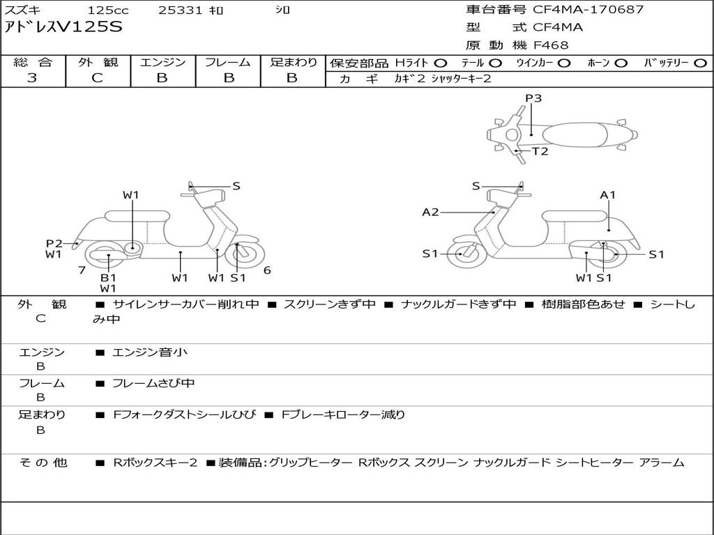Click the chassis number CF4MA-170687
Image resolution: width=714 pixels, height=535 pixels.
coord(588,10)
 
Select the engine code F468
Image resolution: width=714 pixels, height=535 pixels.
coord(551,45)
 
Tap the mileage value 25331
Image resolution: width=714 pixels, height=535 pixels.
coord(181,10)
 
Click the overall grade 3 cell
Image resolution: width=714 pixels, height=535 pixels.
coord(32,78)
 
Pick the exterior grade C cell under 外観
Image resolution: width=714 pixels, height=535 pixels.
coord(97,78)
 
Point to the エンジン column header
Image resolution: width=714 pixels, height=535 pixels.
coord(162,62)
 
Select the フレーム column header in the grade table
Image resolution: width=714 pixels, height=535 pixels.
coord(227,62)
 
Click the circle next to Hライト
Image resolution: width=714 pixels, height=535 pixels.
coord(441,63)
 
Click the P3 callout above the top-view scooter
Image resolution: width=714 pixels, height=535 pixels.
coord(533,98)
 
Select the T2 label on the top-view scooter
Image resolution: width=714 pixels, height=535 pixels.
coord(540,151)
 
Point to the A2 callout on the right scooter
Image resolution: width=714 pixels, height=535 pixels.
coord(430,212)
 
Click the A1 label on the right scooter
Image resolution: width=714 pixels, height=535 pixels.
coord(608,195)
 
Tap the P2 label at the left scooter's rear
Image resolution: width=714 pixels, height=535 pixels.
coord(54,243)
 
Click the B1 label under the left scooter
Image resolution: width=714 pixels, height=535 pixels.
coord(108,277)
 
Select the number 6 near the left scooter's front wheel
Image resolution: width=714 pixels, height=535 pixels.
coord(267,270)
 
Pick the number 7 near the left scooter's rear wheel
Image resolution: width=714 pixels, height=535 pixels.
coord(82,270)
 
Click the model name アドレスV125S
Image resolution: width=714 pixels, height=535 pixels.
coord(63,27)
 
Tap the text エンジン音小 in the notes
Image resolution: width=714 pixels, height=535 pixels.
coord(150,352)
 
